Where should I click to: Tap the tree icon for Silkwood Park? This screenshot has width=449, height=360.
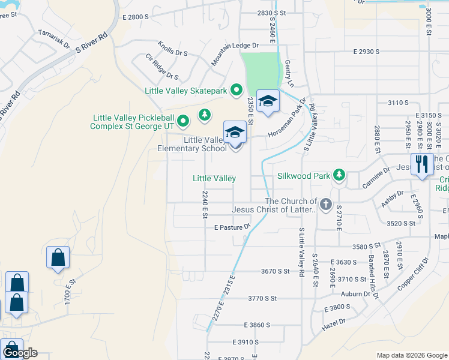pos(340,175)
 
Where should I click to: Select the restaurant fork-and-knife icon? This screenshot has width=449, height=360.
pos(422,163)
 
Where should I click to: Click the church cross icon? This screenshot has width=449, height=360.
pos(326,205)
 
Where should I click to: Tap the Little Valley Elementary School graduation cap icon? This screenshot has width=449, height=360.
pos(235,134)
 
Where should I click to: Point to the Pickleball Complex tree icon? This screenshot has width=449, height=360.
pos(205,114)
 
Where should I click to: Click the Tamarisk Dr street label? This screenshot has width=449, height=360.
pos(54,40)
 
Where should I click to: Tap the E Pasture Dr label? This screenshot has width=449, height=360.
pos(231,227)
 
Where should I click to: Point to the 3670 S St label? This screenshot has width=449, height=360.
pos(276,271)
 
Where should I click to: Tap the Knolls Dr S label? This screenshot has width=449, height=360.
pos(173,49)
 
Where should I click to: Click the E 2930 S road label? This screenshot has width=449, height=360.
pos(366,52)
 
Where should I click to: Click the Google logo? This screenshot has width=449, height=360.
pos(20,353)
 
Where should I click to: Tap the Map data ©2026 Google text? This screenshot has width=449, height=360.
pos(411,355)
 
